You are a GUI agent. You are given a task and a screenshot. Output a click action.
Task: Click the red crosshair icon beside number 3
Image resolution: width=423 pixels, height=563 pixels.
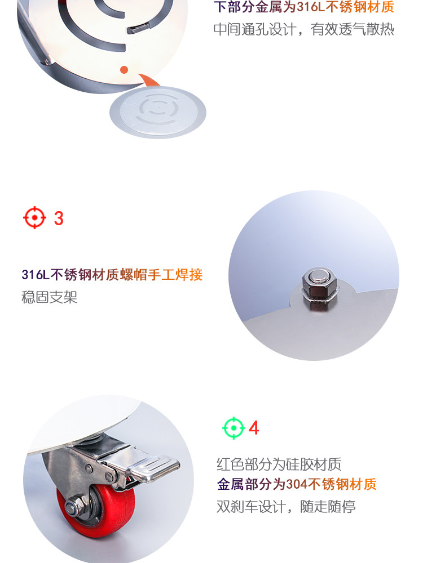point(34,217)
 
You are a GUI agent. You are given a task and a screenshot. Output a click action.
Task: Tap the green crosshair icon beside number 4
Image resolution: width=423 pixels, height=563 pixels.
point(234,428)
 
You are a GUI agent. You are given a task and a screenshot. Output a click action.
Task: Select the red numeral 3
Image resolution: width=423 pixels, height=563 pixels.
point(59,218)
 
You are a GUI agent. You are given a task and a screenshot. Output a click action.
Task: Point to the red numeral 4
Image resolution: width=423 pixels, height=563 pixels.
point(254,428)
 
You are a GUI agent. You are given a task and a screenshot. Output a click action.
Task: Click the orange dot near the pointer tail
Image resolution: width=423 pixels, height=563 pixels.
point(124,70)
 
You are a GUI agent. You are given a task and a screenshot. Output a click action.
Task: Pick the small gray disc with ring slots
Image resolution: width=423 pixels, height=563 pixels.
point(158,112)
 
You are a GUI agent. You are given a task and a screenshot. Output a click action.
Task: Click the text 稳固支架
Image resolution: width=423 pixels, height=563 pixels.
point(49,297)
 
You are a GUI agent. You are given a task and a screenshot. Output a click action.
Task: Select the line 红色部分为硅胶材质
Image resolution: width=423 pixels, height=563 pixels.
point(279,464)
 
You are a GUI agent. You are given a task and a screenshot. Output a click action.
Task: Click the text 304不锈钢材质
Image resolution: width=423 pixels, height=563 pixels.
point(331,484)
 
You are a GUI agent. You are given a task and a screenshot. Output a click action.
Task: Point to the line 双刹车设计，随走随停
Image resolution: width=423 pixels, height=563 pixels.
point(286,506)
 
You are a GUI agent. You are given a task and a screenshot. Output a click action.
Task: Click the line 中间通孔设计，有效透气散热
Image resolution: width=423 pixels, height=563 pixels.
point(303,29)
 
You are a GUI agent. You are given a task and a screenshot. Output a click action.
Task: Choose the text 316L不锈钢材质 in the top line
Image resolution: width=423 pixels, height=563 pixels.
point(345,7)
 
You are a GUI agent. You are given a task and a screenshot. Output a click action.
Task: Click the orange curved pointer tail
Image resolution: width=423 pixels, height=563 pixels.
point(149,80)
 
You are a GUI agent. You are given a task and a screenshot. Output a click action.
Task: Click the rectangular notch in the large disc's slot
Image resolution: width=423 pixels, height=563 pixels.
point(136,28)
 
